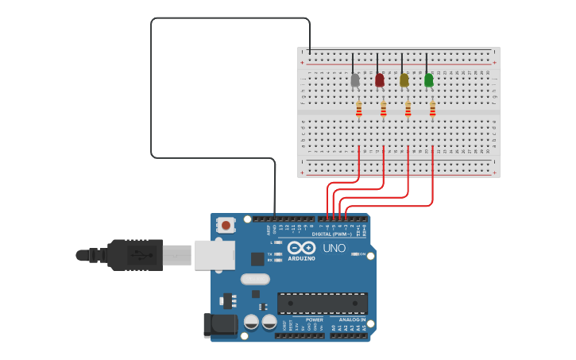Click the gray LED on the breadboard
[x=355, y=79]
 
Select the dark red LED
[x=380, y=79]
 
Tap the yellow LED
[x=404, y=79]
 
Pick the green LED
[x=429, y=79]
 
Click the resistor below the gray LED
[x=359, y=109]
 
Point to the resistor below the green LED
[x=433, y=109]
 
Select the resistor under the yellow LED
[x=408, y=109]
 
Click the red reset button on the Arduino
[x=226, y=226]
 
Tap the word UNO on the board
[x=334, y=248]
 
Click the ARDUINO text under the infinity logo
[x=302, y=258]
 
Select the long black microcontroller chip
[x=323, y=303]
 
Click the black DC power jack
[x=220, y=323]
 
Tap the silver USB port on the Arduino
[x=215, y=255]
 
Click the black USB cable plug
[x=135, y=255]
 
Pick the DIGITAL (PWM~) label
[x=333, y=234]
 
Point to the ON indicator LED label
[x=361, y=254]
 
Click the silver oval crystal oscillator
[x=255, y=279]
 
